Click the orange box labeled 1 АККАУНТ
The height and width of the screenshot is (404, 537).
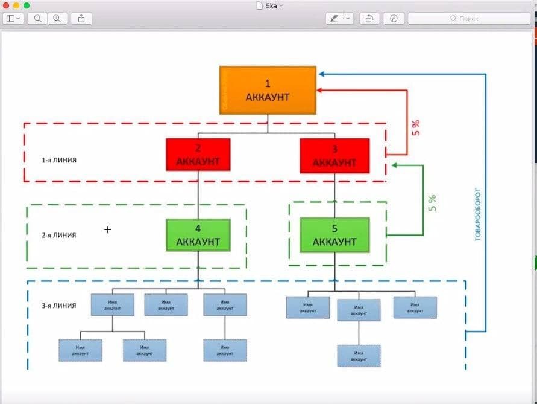point(268,90)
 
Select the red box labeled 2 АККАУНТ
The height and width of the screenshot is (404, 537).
point(198,155)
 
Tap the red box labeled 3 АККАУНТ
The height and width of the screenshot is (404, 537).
point(334,156)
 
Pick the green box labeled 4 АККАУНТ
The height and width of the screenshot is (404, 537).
point(198,235)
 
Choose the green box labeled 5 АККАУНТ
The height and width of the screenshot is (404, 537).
point(334,235)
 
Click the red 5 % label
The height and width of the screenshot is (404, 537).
point(416,128)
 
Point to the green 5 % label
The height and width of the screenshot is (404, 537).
point(432,203)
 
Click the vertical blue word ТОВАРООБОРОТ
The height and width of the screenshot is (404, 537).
point(478,215)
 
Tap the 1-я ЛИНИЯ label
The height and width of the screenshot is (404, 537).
point(59,161)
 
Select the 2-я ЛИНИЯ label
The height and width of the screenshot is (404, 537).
point(59,235)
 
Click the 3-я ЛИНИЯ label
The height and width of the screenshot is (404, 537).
point(59,306)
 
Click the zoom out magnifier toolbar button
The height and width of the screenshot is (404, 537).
point(38,18)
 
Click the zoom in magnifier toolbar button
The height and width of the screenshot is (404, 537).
point(57,18)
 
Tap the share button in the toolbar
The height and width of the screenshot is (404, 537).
point(81,18)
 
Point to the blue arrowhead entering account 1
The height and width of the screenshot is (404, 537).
point(322,74)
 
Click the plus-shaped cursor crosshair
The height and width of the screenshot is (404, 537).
point(107,229)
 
